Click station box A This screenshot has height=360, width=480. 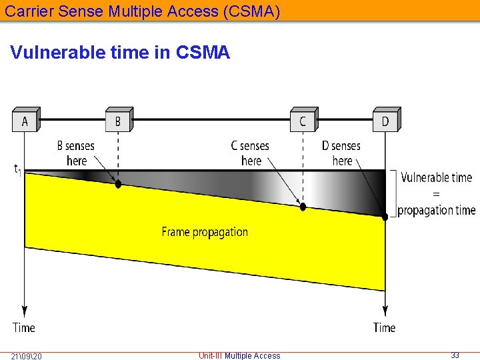pos(25,121)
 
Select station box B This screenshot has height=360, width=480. pos(118,121)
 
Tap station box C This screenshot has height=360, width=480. pos(303,121)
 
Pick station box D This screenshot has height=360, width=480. pos(385,121)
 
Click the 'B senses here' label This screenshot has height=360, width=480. pos(76,153)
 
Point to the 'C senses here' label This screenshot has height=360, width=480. pos(250,153)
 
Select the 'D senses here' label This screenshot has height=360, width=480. pos(341,153)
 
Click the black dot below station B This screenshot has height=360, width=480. pos(119,184)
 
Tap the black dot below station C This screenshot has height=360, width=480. pos(303,207)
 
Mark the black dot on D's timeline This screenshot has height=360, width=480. pos(385,217)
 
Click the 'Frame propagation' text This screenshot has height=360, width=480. pos(205,232)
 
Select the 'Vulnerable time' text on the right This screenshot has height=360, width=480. pos(436,177)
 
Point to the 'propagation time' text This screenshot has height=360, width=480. pos(437,210)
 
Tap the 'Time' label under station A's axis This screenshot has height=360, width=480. pos(24,327)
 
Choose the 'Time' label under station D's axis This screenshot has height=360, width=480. pos(385,327)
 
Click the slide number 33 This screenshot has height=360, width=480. pos(455,355)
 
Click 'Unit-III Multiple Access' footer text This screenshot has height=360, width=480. pos(239,356)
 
